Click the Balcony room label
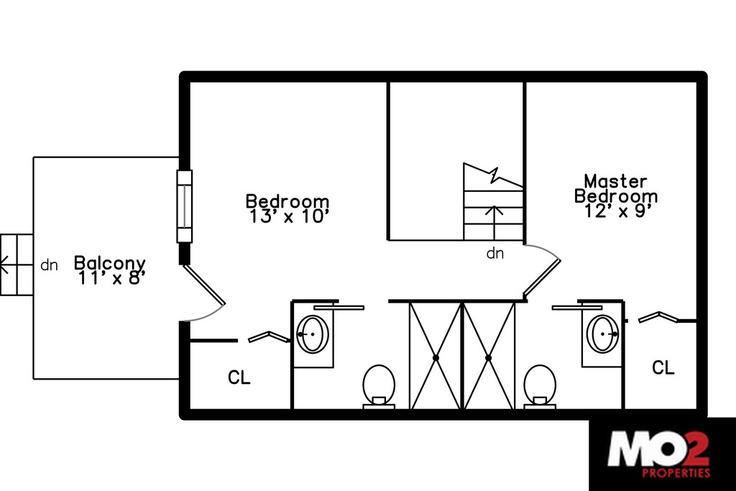tap(110, 264)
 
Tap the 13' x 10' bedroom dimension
tap(290, 216)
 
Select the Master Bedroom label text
tap(615, 188)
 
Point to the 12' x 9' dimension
tap(615, 211)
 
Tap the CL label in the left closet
tap(239, 377)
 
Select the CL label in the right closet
tap(663, 368)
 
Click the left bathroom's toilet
tap(379, 385)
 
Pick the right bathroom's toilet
tap(540, 385)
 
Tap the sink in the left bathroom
tap(313, 334)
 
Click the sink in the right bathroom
tap(603, 334)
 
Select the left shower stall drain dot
tap(436, 357)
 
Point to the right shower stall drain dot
tap(488, 357)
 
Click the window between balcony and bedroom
tap(185, 206)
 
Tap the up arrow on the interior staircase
tap(494, 219)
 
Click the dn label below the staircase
tap(495, 253)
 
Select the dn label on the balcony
tap(49, 265)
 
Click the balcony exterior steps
tap(16, 265)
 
